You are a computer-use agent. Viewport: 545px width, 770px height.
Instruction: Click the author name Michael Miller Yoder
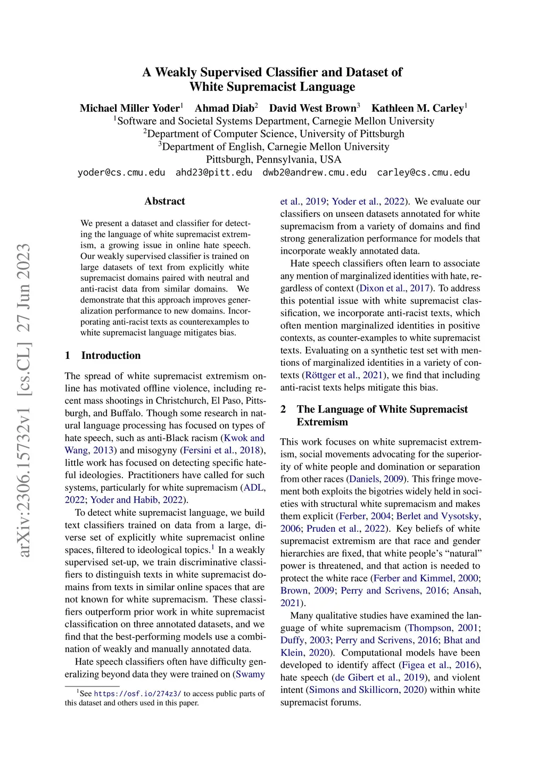tap(129, 108)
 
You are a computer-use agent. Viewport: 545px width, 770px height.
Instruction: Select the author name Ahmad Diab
tap(224, 108)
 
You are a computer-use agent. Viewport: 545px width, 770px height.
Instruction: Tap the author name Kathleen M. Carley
tap(417, 108)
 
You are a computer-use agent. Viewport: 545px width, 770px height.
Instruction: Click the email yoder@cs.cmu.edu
tap(121, 172)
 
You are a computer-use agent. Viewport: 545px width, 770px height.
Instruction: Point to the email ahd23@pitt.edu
tap(214, 172)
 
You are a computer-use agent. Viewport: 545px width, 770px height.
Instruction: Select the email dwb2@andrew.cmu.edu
tap(315, 172)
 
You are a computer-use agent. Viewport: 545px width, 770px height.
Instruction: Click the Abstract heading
tap(164, 201)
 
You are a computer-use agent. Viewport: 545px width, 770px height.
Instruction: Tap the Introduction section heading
tap(111, 355)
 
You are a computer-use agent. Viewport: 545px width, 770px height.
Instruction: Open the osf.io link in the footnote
tap(137, 693)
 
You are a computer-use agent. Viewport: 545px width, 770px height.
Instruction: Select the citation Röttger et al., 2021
tap(344, 375)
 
